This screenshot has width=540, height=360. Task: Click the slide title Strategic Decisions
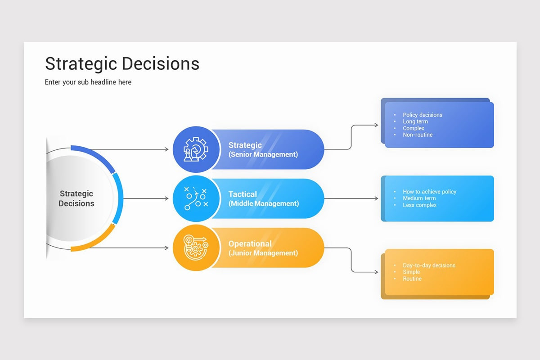(122, 63)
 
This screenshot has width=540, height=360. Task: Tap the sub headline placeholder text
(88, 82)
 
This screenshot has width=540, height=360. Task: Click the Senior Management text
(263, 154)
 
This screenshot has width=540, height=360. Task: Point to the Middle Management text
(264, 203)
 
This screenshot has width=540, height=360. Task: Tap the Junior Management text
(263, 253)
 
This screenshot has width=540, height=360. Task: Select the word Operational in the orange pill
(250, 243)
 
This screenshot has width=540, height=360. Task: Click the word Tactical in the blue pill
(243, 194)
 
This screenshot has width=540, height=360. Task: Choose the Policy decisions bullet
(423, 115)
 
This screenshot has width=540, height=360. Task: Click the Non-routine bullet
(418, 135)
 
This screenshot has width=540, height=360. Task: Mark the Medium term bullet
(419, 198)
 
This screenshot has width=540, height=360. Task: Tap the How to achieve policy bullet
(429, 192)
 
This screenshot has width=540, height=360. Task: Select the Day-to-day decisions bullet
(429, 265)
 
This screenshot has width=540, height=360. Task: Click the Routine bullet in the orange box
(412, 279)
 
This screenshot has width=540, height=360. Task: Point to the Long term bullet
(415, 121)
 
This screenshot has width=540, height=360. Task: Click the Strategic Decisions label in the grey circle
(76, 198)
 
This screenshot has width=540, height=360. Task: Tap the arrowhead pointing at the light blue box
(377, 198)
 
